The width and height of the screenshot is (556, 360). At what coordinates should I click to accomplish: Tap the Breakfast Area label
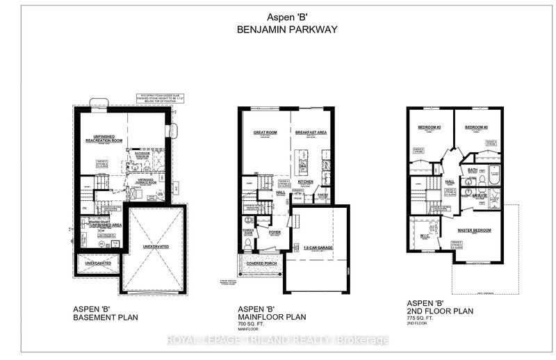(311, 131)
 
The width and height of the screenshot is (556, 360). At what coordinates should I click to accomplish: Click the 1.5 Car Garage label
(316, 247)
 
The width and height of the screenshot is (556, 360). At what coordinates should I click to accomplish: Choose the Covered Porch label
(262, 263)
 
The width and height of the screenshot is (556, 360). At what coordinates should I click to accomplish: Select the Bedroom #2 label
(430, 128)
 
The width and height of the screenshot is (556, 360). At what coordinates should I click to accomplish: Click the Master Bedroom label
(475, 229)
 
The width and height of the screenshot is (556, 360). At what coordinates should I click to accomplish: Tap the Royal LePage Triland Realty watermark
(278, 340)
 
